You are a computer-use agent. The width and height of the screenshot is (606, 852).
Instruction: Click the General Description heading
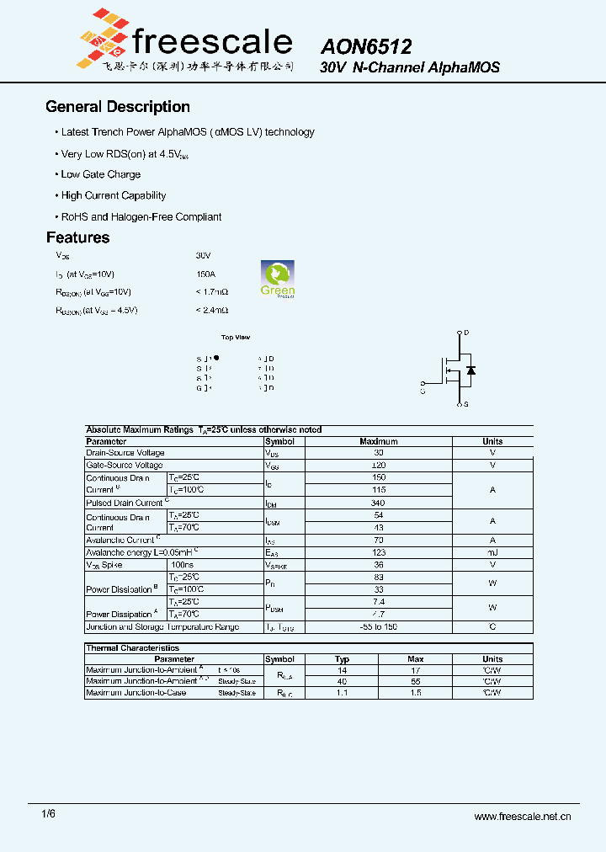118,107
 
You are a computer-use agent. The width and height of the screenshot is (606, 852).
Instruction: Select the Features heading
77,238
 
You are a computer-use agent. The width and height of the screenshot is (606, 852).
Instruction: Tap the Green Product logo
277,280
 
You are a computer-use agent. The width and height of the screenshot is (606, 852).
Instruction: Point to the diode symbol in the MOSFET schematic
470,370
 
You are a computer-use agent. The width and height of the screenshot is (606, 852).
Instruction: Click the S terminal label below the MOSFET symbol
466,405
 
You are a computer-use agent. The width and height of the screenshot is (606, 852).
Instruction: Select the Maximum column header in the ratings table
378,441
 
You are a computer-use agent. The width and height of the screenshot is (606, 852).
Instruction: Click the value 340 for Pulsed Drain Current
378,503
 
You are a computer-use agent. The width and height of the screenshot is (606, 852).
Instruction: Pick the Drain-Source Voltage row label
125,453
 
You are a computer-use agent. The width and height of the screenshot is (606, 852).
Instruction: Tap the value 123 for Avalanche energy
378,552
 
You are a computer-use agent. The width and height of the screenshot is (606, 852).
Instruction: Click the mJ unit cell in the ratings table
492,552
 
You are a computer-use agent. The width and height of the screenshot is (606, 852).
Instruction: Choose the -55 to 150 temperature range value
378,627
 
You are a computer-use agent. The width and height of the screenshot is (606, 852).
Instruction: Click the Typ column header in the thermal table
342,659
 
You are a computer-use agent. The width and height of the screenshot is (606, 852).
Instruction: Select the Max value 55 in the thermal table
415,681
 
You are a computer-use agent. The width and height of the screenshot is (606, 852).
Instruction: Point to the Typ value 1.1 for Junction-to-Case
342,693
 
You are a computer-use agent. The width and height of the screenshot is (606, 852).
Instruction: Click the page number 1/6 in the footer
49,815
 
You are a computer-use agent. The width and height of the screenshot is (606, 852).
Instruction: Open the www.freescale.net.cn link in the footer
523,817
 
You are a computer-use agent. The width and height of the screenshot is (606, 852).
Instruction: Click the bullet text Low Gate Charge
101,174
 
